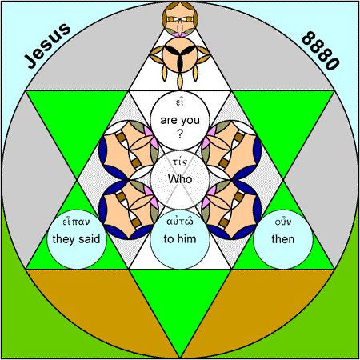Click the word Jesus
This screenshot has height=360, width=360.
click(x=47, y=46)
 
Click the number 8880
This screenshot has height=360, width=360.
click(x=321, y=50)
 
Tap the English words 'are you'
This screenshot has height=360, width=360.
click(x=180, y=121)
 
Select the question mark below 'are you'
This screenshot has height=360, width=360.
click(x=180, y=134)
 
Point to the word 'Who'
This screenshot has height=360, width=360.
click(x=180, y=179)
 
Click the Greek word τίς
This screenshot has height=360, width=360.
click(x=180, y=162)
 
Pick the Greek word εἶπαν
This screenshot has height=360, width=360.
click(x=76, y=222)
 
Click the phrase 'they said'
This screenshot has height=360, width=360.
click(x=76, y=239)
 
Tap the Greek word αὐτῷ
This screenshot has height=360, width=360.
click(x=180, y=222)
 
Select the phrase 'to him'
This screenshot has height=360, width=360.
click(x=180, y=239)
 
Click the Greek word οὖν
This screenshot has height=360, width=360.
click(x=283, y=222)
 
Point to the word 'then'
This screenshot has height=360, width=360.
click(x=283, y=239)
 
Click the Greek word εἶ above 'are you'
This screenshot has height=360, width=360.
click(x=180, y=102)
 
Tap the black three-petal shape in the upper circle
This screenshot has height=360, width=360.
click(x=180, y=56)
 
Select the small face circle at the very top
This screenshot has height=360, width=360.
click(x=180, y=18)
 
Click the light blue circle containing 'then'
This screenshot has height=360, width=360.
click(x=283, y=239)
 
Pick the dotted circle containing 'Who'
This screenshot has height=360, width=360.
click(x=180, y=180)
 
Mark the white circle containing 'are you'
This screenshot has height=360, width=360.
click(x=180, y=121)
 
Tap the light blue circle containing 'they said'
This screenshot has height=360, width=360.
click(x=77, y=239)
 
